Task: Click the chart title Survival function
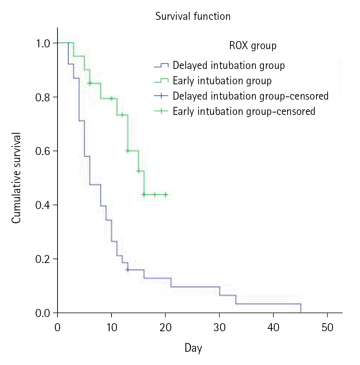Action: tap(193, 16)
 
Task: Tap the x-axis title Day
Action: tap(193, 348)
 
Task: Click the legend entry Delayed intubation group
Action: tap(229, 65)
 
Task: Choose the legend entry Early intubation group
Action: tap(222, 81)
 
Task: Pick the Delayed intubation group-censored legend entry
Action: tap(250, 96)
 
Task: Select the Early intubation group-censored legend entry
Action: tap(244, 111)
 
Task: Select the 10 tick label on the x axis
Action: tap(112, 327)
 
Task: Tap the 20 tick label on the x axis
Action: tap(166, 327)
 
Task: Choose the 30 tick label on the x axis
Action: tap(220, 327)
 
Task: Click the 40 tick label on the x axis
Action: tap(274, 327)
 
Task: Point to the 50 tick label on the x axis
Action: tap(328, 327)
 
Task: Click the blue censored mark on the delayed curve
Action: tap(128, 270)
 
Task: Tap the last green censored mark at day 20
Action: tap(166, 195)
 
